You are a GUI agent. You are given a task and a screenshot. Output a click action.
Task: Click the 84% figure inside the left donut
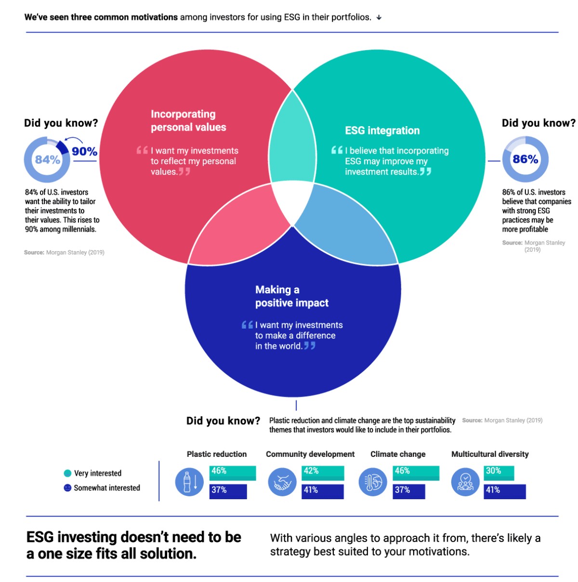(x=48, y=159)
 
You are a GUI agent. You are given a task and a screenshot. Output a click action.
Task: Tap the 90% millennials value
(x=84, y=151)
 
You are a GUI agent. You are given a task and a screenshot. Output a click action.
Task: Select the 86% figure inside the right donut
(x=525, y=159)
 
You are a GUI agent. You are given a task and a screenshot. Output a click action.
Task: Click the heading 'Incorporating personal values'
(x=188, y=120)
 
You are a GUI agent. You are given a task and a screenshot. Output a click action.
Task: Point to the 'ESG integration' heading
(x=382, y=130)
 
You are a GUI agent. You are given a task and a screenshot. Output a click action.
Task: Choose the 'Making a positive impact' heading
(x=292, y=296)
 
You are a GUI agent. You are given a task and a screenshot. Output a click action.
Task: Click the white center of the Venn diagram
(x=292, y=201)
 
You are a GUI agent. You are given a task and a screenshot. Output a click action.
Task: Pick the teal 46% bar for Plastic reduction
(x=233, y=473)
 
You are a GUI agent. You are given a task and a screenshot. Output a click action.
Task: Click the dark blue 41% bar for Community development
(x=323, y=491)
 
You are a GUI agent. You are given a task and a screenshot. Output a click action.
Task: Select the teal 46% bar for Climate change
(x=416, y=473)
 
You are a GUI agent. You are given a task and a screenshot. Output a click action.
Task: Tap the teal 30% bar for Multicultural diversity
(x=499, y=473)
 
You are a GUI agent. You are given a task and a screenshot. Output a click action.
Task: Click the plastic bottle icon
(x=189, y=482)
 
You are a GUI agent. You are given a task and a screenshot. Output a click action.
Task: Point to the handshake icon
(x=282, y=482)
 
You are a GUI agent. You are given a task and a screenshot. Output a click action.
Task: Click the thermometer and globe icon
(x=373, y=482)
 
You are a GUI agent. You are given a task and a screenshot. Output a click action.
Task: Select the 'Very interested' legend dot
(x=67, y=473)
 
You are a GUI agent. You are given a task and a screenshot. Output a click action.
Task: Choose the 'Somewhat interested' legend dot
(x=67, y=488)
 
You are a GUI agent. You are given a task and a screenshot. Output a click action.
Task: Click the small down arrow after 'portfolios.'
(x=379, y=18)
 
